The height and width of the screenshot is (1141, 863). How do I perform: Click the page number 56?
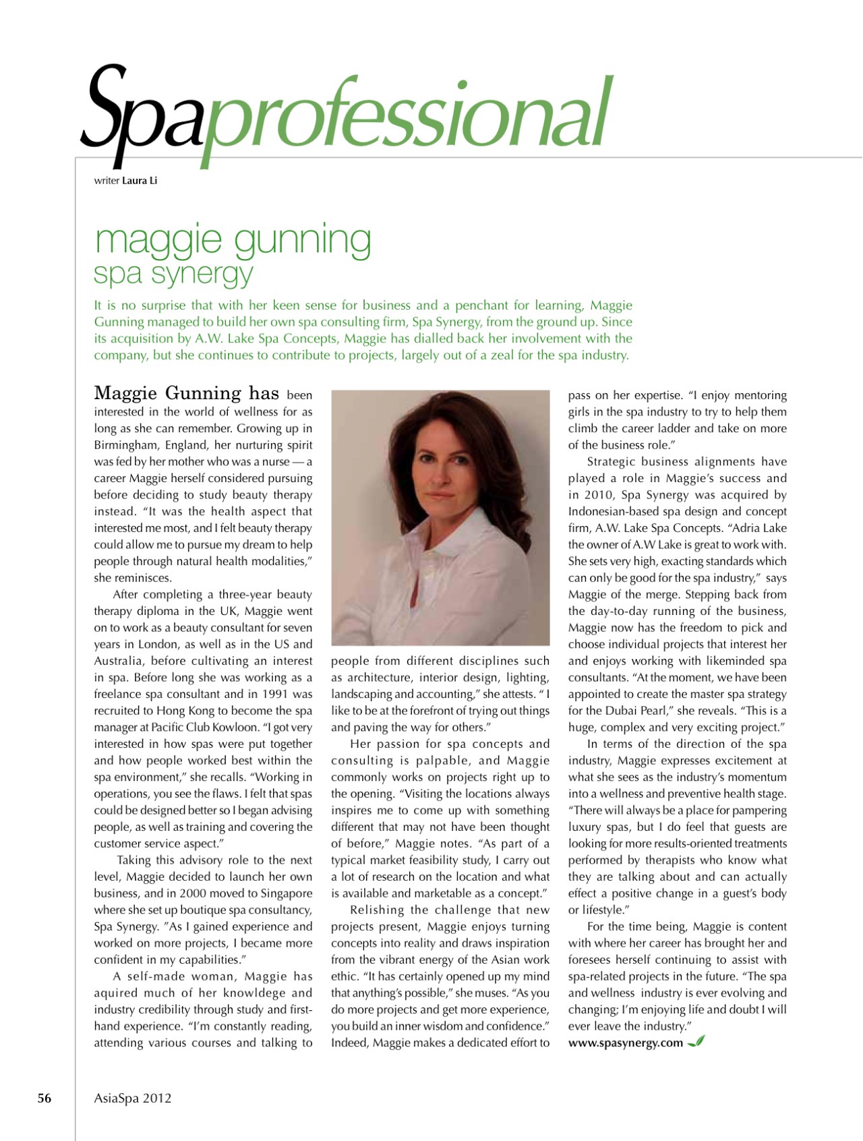tap(44, 1098)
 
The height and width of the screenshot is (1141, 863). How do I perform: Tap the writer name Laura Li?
tap(140, 181)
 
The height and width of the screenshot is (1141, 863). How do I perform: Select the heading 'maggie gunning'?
tap(233, 241)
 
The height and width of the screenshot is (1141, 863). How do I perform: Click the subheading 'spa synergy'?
tap(173, 274)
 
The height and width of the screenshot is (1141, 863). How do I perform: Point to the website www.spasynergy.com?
tap(625, 1043)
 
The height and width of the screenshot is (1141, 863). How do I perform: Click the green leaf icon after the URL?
tap(696, 1042)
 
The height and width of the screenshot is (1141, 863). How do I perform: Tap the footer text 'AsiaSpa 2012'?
tap(133, 1098)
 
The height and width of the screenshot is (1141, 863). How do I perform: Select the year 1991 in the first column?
tap(278, 694)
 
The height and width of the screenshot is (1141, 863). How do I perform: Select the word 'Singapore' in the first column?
tap(282, 894)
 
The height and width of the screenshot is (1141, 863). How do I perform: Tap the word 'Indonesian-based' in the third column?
tap(609, 512)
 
